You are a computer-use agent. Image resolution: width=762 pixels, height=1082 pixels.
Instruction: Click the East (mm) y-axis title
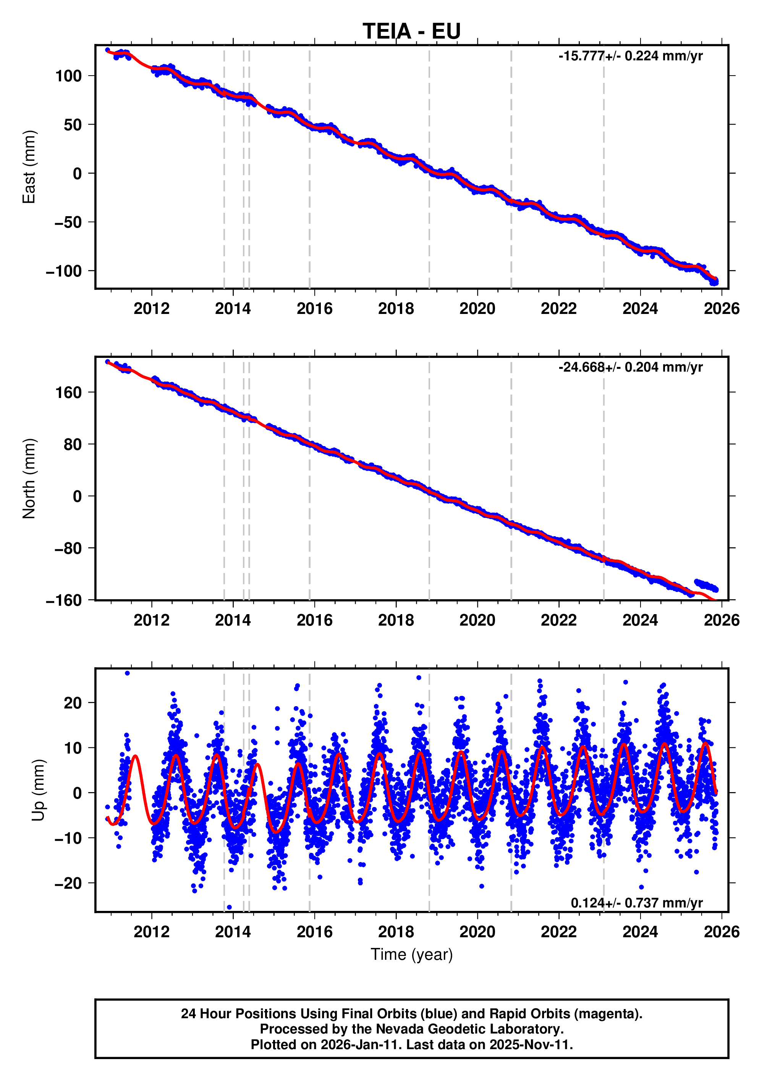coord(29,167)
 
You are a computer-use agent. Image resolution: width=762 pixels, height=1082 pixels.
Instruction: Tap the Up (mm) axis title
coord(39,790)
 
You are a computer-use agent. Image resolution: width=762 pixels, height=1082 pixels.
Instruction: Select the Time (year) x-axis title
coord(411,954)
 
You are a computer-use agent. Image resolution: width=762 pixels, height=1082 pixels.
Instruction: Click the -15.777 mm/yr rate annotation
coord(630,56)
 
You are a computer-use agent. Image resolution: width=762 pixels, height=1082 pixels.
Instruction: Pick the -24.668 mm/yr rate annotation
coord(630,367)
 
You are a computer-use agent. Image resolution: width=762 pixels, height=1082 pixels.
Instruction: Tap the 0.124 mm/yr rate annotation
coord(636,903)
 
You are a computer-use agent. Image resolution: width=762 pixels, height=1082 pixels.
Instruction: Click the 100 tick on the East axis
coord(68,76)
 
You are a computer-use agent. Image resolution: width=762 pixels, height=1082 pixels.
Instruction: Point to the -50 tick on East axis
coord(68,222)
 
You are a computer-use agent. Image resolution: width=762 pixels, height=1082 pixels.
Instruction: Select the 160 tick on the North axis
coord(68,393)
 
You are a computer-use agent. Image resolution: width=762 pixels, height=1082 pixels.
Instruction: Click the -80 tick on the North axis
coord(68,548)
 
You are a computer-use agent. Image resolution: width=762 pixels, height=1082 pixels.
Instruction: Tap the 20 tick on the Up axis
coord(73,703)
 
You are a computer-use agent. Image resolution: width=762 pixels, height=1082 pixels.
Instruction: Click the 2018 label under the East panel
coord(396,309)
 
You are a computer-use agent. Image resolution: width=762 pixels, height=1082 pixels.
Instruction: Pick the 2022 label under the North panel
coord(558,620)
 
